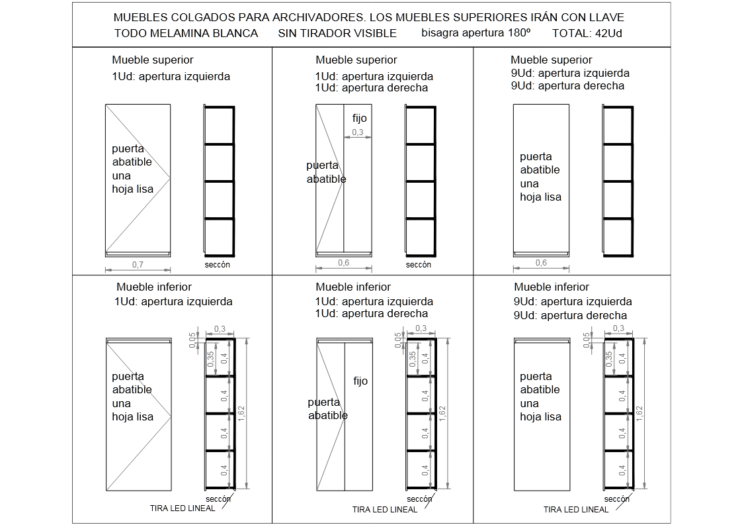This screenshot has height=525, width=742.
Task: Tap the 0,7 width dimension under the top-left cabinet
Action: pos(138,264)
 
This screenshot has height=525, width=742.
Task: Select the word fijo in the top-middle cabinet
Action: pos(359,118)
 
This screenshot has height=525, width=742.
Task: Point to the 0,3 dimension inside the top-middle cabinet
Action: pos(358,132)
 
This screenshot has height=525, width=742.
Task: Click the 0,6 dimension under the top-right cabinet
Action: pos(541,263)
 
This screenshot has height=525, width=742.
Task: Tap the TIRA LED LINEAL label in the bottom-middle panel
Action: pos(385,510)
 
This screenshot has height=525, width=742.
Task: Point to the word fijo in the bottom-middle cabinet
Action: pos(360,381)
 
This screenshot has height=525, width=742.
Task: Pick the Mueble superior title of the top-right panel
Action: pos(552,60)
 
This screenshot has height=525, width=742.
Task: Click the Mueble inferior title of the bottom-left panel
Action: pos(154,287)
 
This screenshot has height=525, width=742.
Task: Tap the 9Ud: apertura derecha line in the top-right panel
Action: pos(567,86)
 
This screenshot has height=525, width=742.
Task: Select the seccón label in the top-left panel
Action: pos(218,264)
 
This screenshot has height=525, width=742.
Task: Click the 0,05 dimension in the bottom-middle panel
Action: pos(397,340)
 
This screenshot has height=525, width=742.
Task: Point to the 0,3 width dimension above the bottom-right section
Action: pos(619,328)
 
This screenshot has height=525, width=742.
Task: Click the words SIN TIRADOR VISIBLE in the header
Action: pos(347,33)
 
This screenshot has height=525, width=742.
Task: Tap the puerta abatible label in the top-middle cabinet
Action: pos(326,172)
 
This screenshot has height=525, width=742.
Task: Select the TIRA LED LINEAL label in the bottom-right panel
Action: pos(576,510)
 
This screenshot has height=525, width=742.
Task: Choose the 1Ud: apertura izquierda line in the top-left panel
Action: pos(171,76)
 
